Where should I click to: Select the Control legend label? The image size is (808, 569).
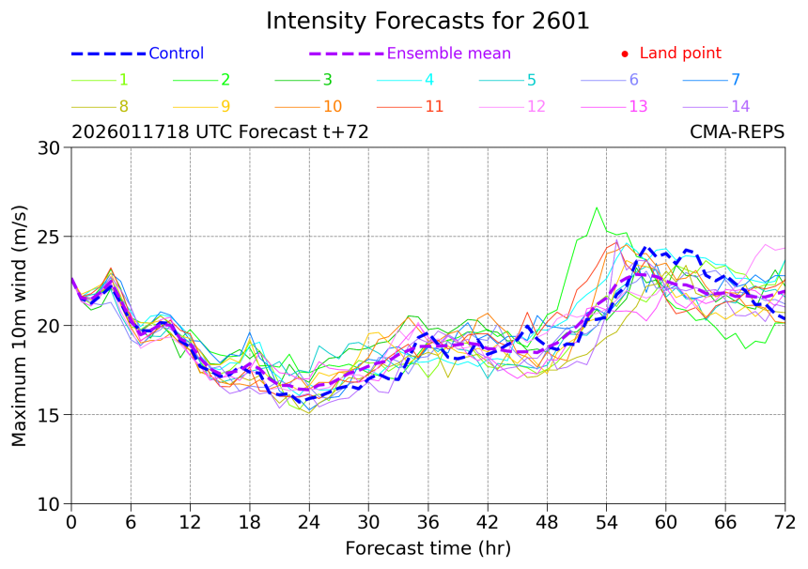point(176,54)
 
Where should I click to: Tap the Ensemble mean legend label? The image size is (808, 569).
point(449,54)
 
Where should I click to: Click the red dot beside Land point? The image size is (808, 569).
point(625,54)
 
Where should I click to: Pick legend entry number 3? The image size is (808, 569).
point(327,80)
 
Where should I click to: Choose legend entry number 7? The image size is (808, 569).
point(735,80)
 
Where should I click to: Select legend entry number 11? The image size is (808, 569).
point(433,106)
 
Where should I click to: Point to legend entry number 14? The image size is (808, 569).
point(739,106)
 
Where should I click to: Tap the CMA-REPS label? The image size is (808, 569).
point(737,132)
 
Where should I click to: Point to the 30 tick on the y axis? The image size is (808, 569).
point(49,147)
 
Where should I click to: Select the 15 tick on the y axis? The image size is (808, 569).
point(49,415)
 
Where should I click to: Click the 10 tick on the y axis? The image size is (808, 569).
point(49,504)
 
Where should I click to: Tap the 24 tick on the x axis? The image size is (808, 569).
point(309,521)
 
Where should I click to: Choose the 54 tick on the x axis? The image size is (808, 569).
point(607,521)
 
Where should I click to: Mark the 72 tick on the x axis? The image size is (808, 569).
point(785,521)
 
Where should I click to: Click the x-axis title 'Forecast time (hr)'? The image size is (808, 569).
point(427,548)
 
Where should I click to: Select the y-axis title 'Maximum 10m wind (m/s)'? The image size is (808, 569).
point(20,325)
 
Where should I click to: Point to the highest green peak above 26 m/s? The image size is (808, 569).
point(597,208)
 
